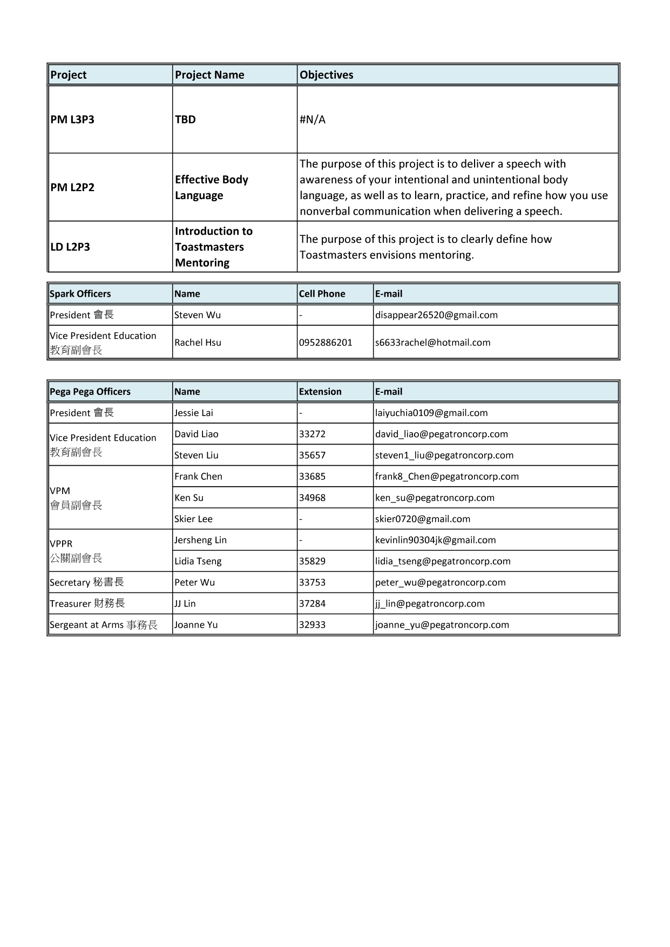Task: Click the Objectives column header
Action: (326, 75)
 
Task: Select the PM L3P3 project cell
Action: (72, 119)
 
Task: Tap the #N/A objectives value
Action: (313, 119)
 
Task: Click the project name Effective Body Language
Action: (211, 187)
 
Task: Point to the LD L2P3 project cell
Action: (70, 247)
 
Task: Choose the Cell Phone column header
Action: (322, 294)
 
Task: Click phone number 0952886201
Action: (326, 342)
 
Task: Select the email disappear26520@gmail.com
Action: (436, 315)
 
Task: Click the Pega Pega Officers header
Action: (90, 391)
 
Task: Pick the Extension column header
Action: (320, 391)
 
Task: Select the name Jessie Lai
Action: (193, 413)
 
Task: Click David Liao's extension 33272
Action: (313, 434)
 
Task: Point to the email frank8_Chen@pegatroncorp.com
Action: (446, 476)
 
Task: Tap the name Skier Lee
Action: (193, 519)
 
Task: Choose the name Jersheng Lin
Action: (200, 540)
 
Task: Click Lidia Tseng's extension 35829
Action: (313, 561)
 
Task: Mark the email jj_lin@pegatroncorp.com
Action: (430, 603)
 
